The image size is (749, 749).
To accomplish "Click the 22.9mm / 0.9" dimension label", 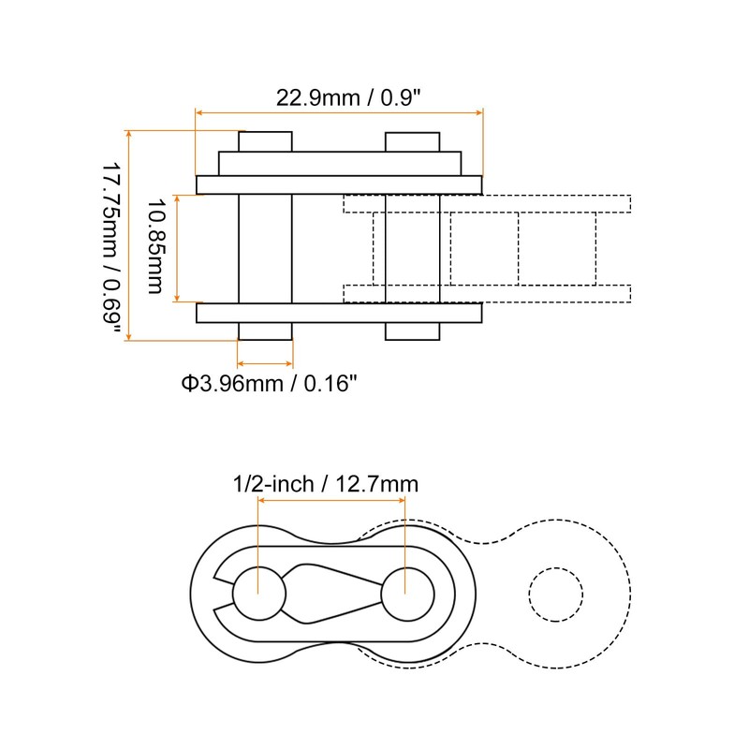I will click(x=343, y=97).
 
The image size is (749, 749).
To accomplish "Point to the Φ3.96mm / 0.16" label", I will click(x=269, y=382).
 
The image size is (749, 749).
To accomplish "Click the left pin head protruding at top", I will click(x=265, y=141).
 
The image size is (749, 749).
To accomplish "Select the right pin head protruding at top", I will click(x=412, y=141).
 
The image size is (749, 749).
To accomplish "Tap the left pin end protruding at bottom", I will click(x=265, y=331).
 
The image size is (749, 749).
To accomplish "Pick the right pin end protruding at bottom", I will click(x=412, y=331).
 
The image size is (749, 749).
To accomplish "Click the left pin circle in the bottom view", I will click(x=258, y=593).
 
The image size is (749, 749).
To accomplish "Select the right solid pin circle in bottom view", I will click(x=407, y=593).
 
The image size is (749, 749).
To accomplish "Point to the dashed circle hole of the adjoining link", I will click(x=555, y=593).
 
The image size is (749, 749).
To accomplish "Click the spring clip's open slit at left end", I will click(x=224, y=593).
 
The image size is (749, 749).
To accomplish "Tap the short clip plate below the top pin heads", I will click(x=339, y=164).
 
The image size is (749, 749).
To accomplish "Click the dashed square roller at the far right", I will click(x=557, y=248).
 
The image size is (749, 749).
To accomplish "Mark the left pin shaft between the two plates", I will click(x=265, y=248).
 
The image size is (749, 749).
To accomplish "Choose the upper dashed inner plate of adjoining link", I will click(x=487, y=203).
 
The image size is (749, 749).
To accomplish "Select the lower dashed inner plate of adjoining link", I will click(x=487, y=293).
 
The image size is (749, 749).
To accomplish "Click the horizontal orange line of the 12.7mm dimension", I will click(x=332, y=502).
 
